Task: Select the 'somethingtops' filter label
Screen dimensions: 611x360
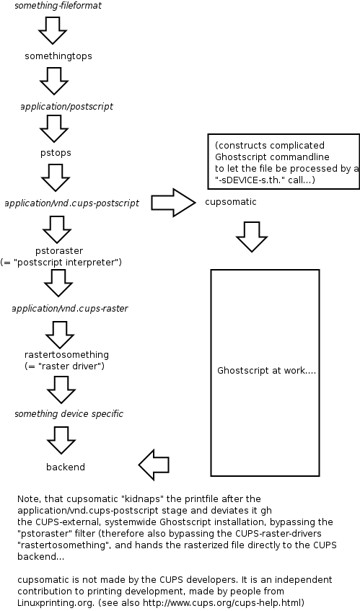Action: coord(58,56)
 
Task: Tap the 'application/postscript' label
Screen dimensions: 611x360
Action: coord(66,106)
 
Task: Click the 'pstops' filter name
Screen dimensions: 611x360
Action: coord(56,153)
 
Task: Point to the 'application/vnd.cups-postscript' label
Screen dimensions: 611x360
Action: coord(71,203)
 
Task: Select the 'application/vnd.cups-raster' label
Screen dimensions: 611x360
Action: coord(70,308)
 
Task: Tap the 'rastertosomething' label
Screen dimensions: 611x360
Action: coord(66,355)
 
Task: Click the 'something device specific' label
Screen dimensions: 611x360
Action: coord(69,413)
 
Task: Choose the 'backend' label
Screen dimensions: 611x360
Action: coord(66,467)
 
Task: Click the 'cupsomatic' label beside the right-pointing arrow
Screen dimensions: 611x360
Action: coord(230,202)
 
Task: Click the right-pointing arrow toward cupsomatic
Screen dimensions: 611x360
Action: coord(173,203)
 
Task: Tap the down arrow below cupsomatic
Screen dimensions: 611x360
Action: coord(252,236)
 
